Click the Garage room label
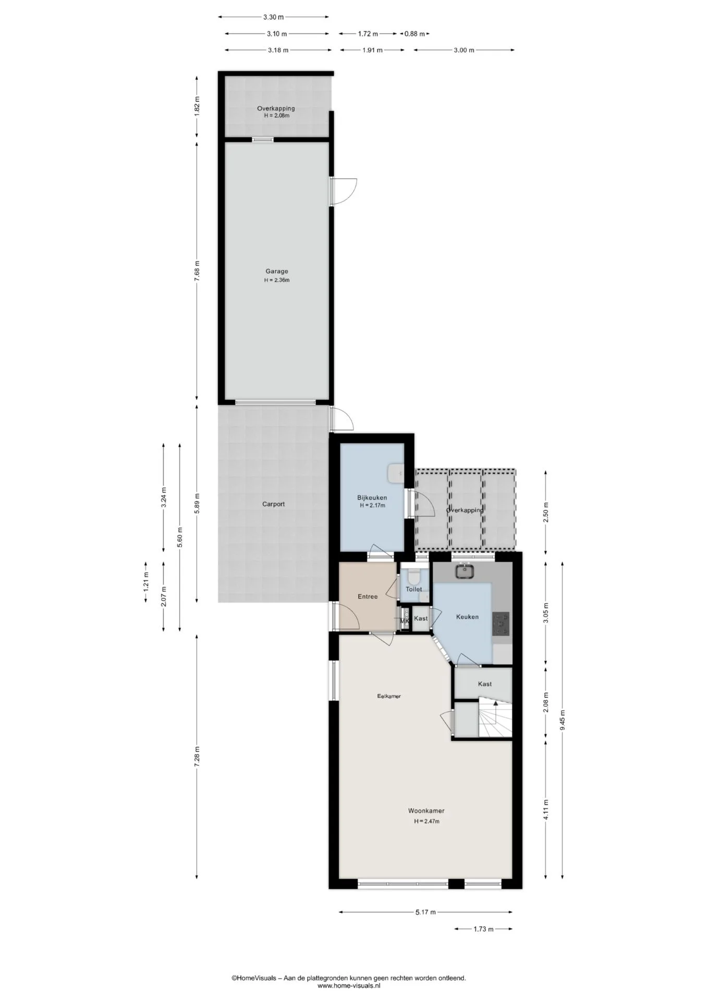pos(276,271)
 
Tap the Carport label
pos(273,504)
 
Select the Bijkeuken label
pos(372,497)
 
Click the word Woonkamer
pos(426,811)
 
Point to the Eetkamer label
pos(389,696)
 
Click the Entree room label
pos(367,596)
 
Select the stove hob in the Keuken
pos(501,624)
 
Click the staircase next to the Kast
pos(495,719)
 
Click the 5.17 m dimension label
pos(425,912)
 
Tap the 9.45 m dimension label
pos(563,721)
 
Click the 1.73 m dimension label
pos(483,929)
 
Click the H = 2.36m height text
pos(276,280)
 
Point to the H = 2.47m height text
pos(426,821)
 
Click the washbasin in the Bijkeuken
pos(395,473)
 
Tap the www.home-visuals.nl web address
pos(349,986)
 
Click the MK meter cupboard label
pos(404,621)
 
